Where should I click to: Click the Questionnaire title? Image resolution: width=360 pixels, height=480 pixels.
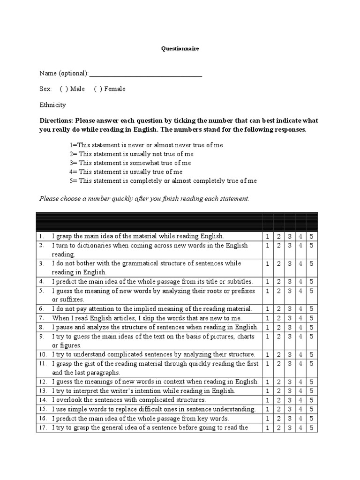click(180, 48)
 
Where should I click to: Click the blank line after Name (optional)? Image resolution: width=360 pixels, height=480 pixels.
click(145, 74)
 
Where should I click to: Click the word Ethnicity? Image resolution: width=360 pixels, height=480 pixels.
click(52, 105)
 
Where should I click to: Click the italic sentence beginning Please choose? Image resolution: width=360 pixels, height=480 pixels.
click(144, 199)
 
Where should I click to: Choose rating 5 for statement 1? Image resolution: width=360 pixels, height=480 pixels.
click(312, 236)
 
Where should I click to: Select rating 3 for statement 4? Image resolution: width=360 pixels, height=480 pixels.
click(290, 282)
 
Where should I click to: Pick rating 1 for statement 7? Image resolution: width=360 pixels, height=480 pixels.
click(268, 318)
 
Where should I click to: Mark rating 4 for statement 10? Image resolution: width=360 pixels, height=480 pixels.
click(301, 354)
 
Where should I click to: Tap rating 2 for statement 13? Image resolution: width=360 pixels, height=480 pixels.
click(279, 391)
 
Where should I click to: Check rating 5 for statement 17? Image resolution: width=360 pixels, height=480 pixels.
click(312, 427)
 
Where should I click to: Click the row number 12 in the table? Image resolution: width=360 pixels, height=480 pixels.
click(42, 382)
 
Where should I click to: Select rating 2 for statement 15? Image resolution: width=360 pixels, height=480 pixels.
click(279, 409)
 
